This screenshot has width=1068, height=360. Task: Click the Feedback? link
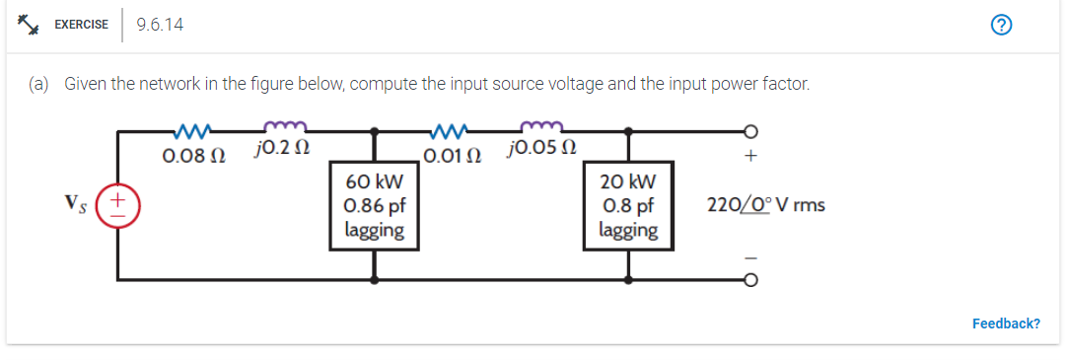[x=1006, y=324]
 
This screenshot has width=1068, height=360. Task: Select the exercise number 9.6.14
[x=160, y=25]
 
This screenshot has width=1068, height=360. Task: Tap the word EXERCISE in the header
[x=81, y=25]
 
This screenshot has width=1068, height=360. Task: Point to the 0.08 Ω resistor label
[x=192, y=156]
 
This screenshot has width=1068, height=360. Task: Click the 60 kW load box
[x=375, y=205]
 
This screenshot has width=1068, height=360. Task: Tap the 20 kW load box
[x=628, y=205]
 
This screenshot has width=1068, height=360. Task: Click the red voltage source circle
[x=120, y=206]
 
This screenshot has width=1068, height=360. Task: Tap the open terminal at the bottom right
[x=750, y=281]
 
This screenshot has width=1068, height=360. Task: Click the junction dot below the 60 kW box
[x=375, y=281]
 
